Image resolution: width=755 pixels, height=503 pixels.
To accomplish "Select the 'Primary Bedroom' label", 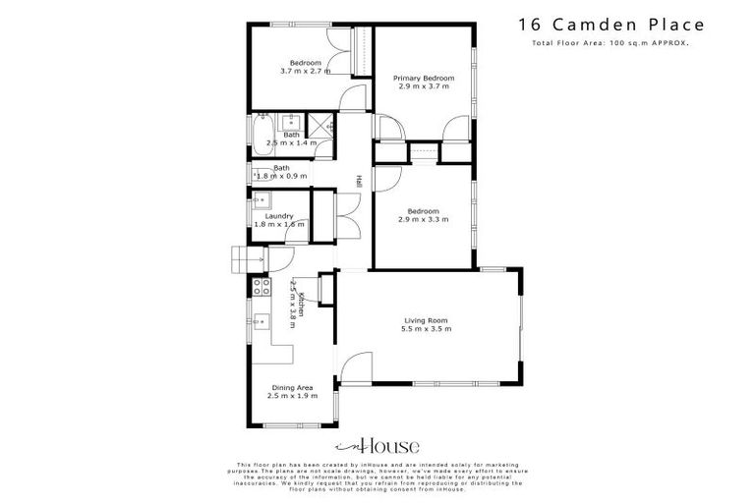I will coord(424,78).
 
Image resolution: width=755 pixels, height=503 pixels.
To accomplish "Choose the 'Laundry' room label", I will coord(279,216).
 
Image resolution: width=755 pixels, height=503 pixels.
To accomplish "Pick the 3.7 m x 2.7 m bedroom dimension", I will coord(305,72).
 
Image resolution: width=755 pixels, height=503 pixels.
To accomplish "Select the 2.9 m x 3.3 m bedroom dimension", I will coord(424,219).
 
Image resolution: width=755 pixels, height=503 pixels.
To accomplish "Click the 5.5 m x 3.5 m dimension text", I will coord(427,329).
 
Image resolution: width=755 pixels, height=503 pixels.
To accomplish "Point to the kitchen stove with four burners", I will coord(262,287).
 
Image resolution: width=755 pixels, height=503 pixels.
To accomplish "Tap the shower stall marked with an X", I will coord(319,124).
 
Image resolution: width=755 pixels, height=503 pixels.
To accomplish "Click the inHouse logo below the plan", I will coord(377,444).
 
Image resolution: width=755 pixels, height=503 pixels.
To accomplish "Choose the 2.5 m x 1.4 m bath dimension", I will coord(291,143).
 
